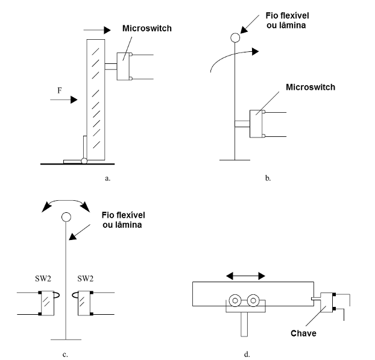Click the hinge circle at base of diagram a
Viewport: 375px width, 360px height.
[x=85, y=160]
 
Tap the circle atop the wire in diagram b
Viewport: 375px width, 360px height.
[x=235, y=38]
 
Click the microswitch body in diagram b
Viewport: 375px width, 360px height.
[x=257, y=124]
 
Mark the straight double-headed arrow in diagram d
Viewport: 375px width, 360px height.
[x=245, y=275]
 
